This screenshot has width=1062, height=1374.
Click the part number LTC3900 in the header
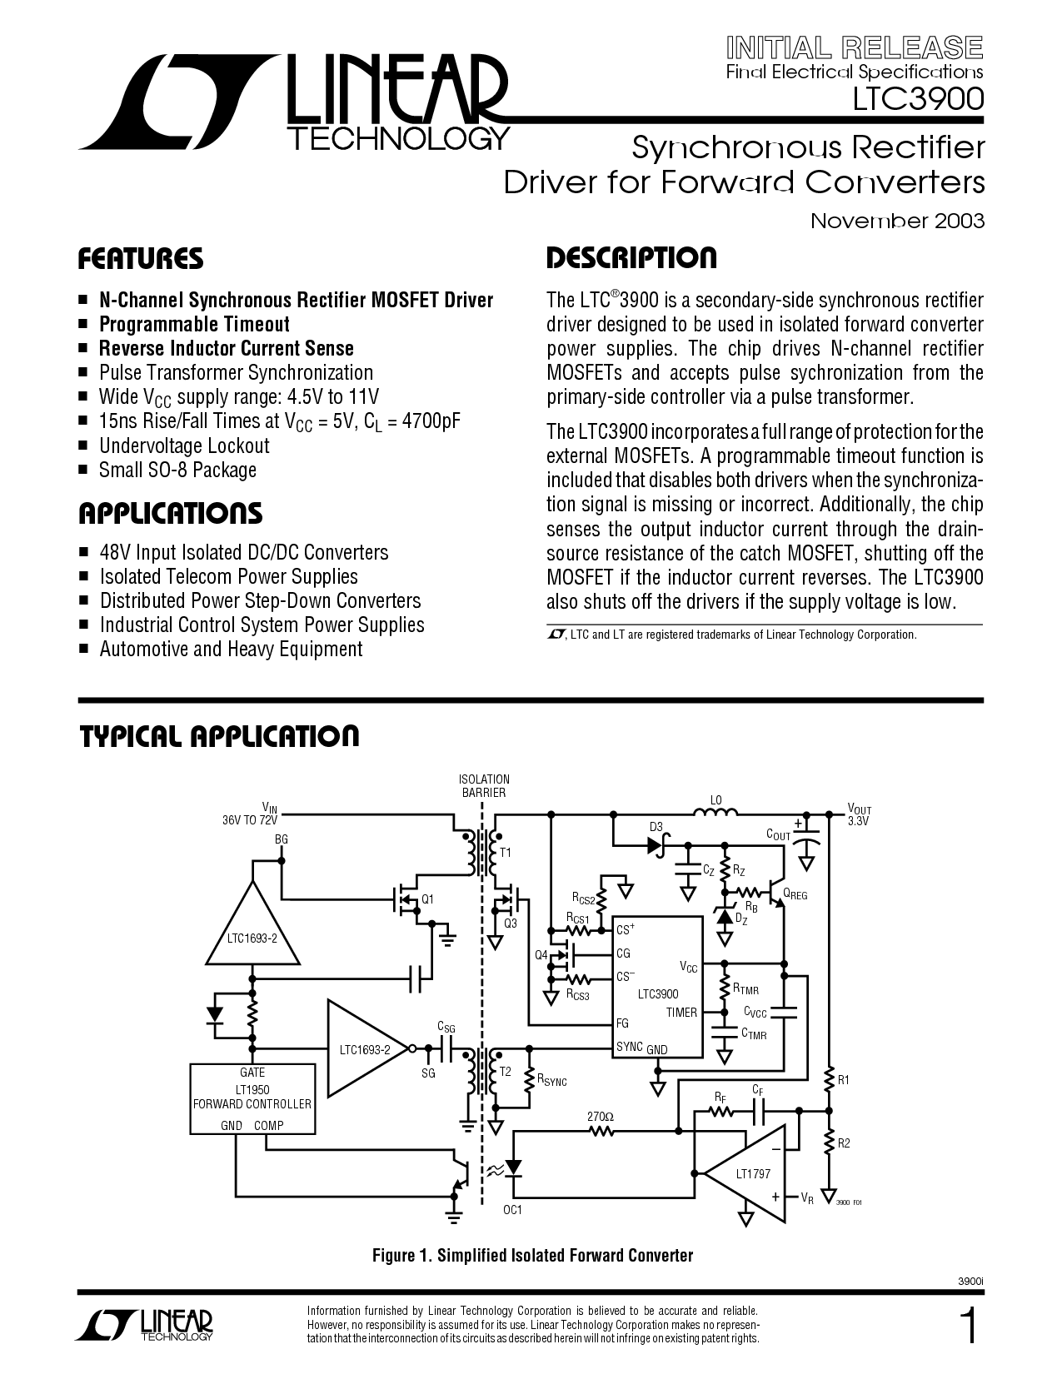(918, 99)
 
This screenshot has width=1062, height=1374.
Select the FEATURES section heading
(141, 259)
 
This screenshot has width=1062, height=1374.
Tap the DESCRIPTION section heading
(631, 258)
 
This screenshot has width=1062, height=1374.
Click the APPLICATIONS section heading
(170, 514)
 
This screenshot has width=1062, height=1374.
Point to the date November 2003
(898, 221)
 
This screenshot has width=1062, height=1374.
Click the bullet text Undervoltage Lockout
(184, 446)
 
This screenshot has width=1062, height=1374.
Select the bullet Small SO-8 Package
(177, 470)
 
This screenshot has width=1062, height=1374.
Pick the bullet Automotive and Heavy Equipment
(231, 649)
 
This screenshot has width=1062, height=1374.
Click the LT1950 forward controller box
(252, 1098)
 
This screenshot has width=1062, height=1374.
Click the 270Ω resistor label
(601, 1117)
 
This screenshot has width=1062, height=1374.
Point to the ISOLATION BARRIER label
(484, 786)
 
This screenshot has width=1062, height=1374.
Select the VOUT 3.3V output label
(860, 815)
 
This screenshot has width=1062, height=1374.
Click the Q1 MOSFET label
(427, 899)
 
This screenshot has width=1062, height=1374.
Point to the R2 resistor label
(844, 1143)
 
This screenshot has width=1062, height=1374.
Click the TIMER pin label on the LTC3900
(681, 1013)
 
